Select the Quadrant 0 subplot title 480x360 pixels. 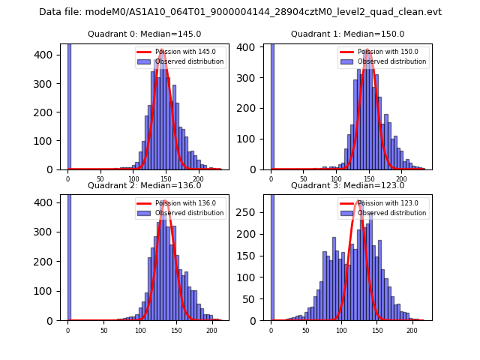coord(145,34)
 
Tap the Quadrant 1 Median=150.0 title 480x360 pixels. coord(347,34)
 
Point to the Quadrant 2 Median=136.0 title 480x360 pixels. coord(145,185)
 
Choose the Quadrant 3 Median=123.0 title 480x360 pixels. coord(347,185)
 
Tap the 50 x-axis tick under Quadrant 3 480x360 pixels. coord(306,329)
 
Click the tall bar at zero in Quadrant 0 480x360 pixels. coord(68,105)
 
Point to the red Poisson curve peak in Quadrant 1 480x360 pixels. coord(368,50)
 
